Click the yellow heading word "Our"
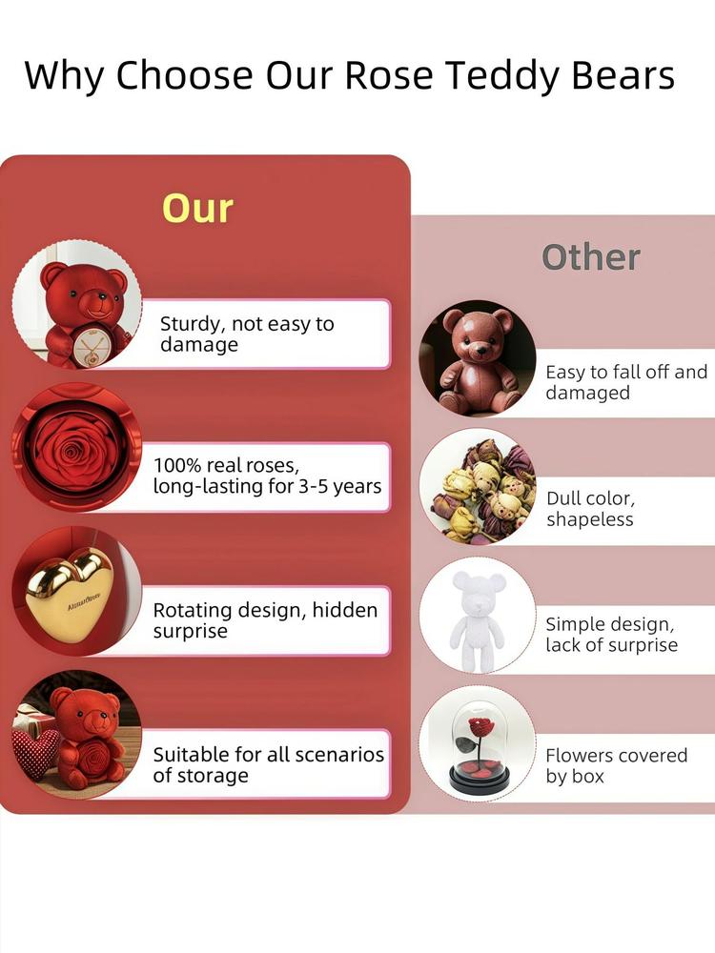coord(197,209)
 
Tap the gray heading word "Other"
coord(591,257)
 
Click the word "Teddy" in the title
coord(500,75)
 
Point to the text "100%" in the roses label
coord(176,466)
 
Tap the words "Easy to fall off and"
coord(626,372)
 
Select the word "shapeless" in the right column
coord(590,519)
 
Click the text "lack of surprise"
coord(612,645)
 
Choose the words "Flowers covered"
coord(617,756)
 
